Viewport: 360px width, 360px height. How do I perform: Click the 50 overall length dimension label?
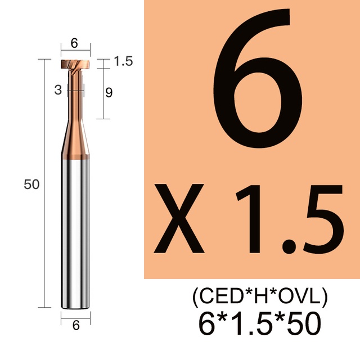point(31,184)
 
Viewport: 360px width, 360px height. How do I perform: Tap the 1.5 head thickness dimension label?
point(123,61)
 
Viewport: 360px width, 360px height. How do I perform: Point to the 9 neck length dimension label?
point(109,93)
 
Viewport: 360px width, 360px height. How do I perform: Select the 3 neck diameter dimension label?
point(58,90)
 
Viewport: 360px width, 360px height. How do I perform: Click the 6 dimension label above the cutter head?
point(74,43)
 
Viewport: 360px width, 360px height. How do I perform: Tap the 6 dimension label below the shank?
point(76,325)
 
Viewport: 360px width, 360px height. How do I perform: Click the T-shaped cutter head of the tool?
point(75,64)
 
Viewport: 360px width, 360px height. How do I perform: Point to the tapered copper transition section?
point(75,139)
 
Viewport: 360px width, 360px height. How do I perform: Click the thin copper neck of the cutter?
point(75,94)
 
